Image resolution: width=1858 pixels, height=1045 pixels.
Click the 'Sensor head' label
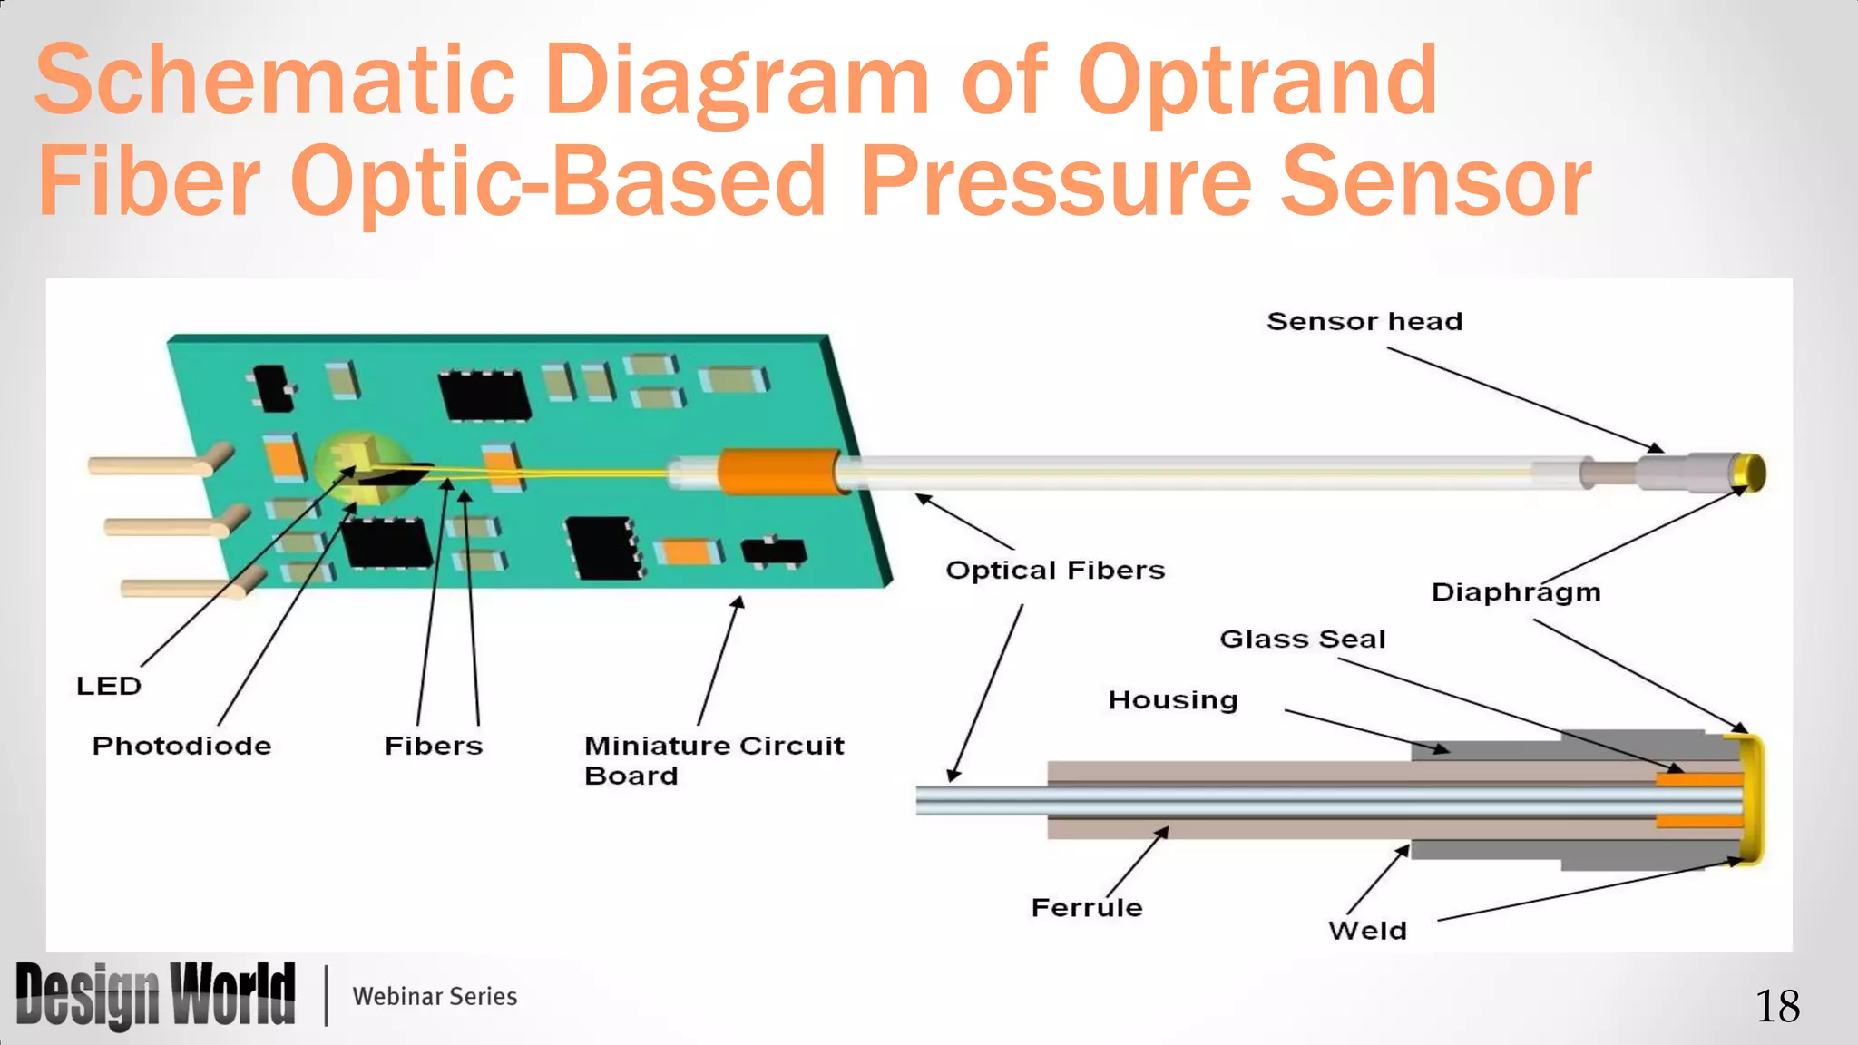pos(1364,322)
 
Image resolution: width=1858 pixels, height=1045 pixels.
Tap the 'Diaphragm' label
pos(1515,592)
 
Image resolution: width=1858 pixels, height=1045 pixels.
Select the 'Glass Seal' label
pos(1302,640)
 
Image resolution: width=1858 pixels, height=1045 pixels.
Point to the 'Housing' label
pos(1172,700)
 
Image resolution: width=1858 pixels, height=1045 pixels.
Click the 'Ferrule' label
pos(1086,908)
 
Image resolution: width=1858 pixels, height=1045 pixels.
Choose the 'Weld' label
pos(1367,931)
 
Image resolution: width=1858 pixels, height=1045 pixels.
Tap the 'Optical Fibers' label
pos(1054,571)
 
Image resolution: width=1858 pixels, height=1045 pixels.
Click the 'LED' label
pos(108,686)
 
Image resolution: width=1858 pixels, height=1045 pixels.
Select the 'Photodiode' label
pos(181,747)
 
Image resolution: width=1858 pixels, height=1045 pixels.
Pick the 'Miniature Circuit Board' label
pos(713,760)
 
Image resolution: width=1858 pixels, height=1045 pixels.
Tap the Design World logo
pos(155,995)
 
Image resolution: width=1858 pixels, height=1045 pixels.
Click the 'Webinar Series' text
pos(435,997)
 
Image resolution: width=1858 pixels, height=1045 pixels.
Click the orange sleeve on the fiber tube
pos(778,472)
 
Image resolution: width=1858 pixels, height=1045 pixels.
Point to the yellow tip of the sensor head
pos(1752,472)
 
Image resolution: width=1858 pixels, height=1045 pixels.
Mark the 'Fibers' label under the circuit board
pos(434,747)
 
